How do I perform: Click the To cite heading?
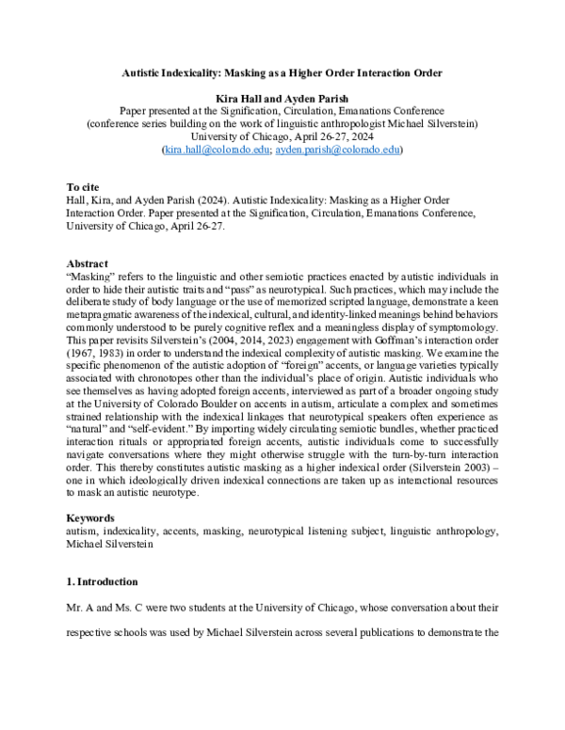pyautogui.click(x=86, y=187)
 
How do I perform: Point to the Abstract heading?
pyautogui.click(x=89, y=262)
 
